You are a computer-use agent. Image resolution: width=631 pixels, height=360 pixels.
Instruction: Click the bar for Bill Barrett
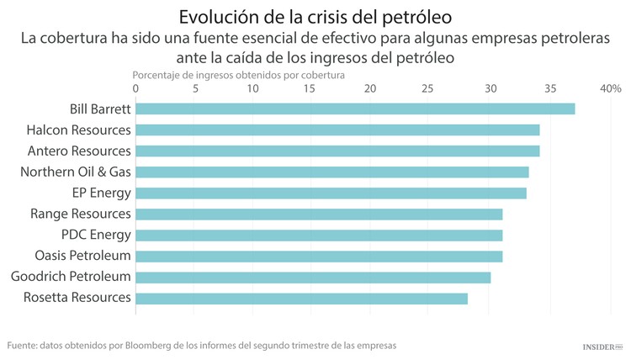pos(355,109)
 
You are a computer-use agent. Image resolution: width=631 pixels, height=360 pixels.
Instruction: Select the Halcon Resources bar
pos(337,130)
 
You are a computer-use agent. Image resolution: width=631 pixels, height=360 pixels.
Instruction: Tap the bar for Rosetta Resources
pos(301,298)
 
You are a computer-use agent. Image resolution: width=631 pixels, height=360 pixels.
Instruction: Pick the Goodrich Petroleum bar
pos(313,277)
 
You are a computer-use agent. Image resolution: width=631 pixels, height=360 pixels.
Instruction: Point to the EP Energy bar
pos(331,193)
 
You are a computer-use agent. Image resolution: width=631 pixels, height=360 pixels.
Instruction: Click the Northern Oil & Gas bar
pos(332,172)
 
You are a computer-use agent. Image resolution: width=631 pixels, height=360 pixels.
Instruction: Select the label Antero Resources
pos(79,151)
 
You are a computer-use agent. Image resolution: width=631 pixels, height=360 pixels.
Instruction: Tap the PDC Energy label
pos(96,235)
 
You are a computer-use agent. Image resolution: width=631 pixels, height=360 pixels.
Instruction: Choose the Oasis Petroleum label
pos(82,256)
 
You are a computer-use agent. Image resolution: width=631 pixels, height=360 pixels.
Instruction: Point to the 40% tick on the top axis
pos(610,88)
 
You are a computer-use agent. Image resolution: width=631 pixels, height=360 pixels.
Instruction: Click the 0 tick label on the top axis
pos(135,88)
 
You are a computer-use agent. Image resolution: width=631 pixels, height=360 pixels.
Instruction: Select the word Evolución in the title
pos(218,17)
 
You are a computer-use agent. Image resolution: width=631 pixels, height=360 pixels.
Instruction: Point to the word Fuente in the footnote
pos(23,346)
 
